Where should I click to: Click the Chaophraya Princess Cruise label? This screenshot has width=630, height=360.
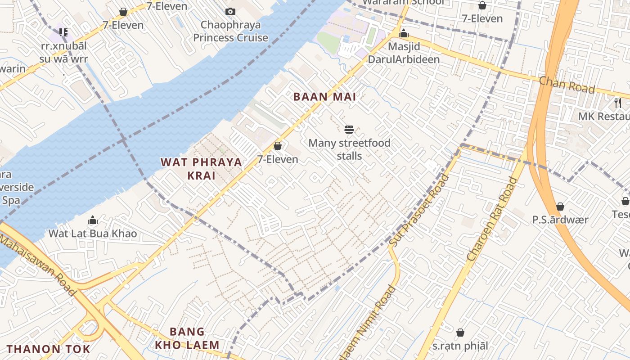point(230,31)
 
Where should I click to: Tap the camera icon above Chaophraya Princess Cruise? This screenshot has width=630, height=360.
point(230,11)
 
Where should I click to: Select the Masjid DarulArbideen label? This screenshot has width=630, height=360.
point(404,53)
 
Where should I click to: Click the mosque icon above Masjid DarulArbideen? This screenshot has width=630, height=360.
point(404,33)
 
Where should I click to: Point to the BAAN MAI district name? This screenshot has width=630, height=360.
point(324,97)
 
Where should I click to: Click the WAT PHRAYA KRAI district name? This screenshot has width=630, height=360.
point(201,169)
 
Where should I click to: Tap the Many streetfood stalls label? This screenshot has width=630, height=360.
point(349,149)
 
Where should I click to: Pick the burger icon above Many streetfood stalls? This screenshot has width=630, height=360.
point(349,130)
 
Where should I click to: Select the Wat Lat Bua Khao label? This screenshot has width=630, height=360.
point(93,234)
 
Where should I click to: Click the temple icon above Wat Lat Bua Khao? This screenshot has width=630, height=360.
point(93,220)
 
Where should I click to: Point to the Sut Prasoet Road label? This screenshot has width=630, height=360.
point(419,211)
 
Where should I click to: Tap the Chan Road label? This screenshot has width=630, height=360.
point(567,85)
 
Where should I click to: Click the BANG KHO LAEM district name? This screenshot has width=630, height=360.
point(187,338)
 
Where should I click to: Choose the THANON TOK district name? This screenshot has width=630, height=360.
point(48,349)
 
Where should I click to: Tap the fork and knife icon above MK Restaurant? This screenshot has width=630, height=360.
point(617,103)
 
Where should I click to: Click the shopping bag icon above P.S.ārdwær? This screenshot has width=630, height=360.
point(560,207)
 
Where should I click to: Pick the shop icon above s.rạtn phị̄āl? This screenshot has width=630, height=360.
point(460,333)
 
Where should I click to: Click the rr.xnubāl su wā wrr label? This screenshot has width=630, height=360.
point(64,52)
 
